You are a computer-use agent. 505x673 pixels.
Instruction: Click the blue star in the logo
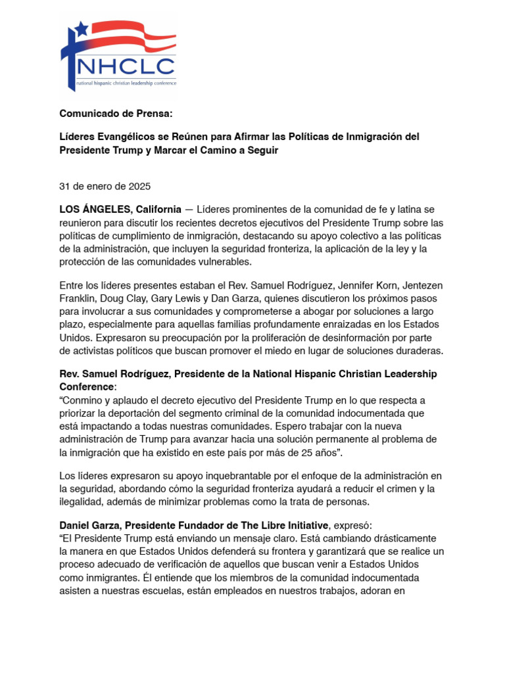point(82,28)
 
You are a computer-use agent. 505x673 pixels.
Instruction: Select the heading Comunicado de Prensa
point(116,113)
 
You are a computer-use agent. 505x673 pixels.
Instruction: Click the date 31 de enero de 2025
point(105,186)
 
